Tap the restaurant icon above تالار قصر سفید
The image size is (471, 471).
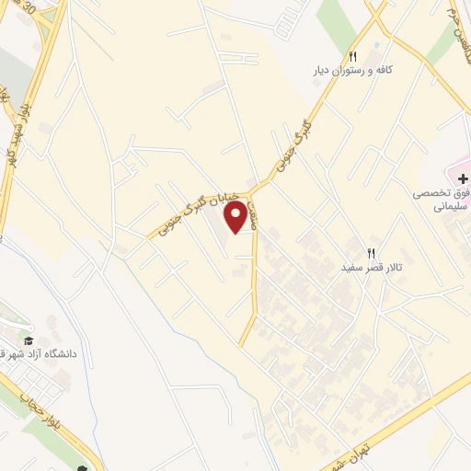click(x=372, y=252)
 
